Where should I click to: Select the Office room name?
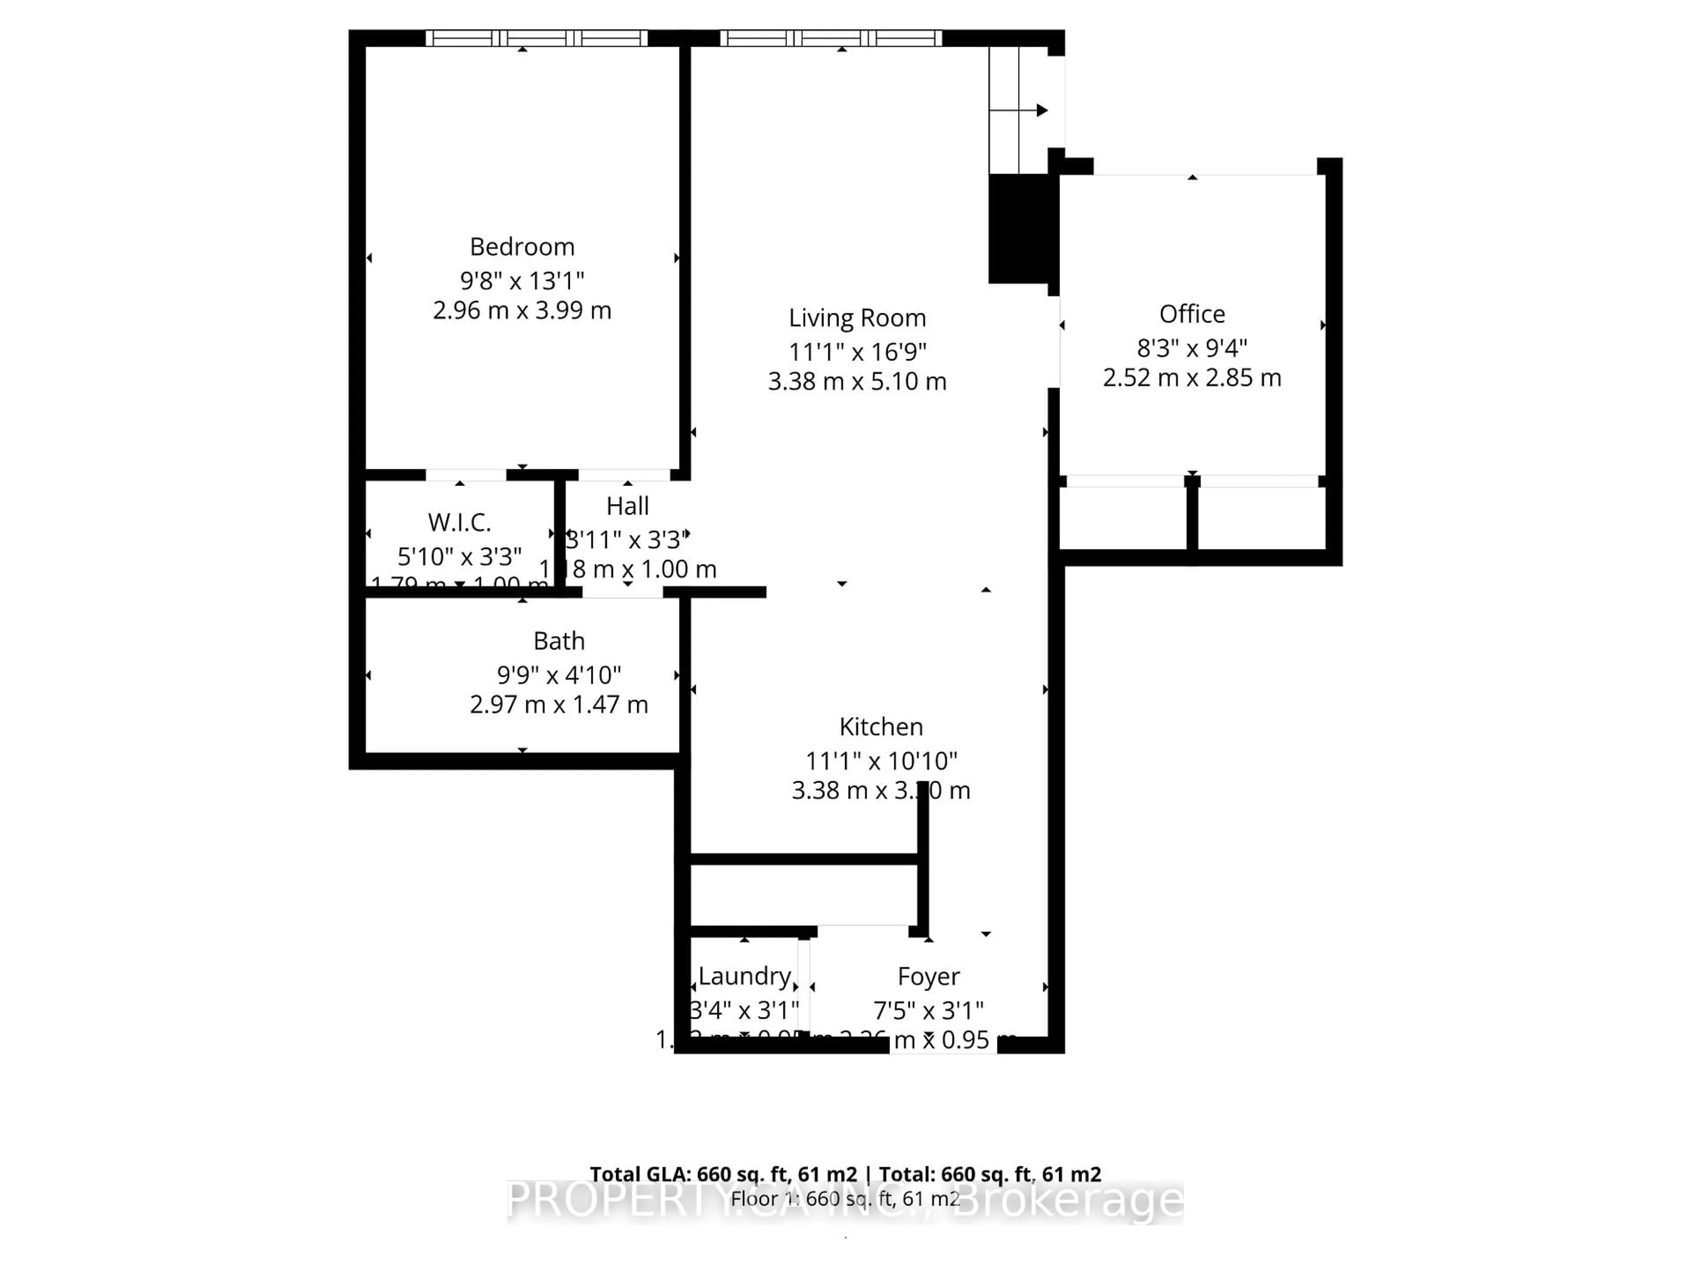click(1191, 314)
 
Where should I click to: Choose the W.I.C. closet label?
click(459, 523)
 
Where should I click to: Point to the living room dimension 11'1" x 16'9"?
click(857, 352)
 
